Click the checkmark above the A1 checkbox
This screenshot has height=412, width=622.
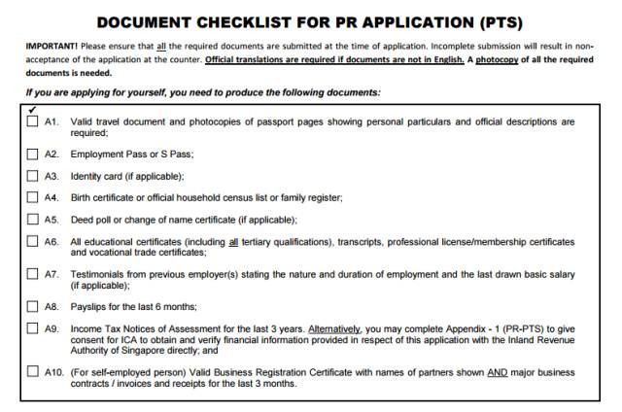[x=33, y=110]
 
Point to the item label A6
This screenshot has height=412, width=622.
[x=53, y=241]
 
